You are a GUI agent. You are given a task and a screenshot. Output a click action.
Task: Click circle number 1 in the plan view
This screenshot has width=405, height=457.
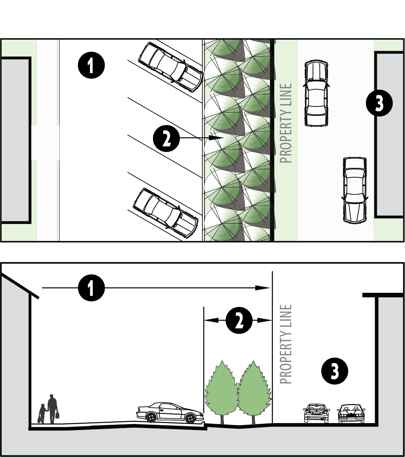click(91, 65)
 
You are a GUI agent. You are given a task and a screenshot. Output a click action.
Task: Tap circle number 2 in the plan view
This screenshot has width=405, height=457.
click(166, 138)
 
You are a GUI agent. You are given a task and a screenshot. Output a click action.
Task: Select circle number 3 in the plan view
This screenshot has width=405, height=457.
click(379, 103)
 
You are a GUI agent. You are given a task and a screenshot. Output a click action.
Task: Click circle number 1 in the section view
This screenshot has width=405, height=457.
click(91, 288)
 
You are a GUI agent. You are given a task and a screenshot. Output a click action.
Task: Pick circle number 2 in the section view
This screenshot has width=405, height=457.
click(239, 321)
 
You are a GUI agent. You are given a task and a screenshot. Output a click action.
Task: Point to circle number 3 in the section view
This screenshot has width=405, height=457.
click(335, 371)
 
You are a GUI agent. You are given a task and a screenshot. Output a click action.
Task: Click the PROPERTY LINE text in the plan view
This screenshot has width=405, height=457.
click(286, 124)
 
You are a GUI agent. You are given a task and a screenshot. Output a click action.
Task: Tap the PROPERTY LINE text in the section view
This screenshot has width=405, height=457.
click(286, 344)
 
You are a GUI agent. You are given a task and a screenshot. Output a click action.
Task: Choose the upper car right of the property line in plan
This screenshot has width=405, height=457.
click(316, 93)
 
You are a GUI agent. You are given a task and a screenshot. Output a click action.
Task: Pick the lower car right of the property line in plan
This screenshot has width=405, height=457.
click(355, 190)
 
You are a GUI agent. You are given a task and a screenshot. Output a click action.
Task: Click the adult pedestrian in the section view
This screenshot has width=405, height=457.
click(52, 409)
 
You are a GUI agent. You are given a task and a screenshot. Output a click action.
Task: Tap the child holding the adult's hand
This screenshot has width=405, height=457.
click(42, 413)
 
